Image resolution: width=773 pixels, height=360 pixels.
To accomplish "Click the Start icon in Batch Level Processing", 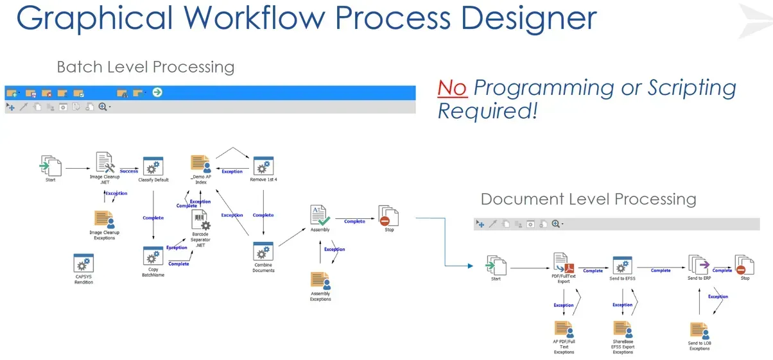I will [50, 166].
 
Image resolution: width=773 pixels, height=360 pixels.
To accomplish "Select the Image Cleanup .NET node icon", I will [105, 163].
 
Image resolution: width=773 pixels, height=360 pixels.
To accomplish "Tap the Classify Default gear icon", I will [153, 167].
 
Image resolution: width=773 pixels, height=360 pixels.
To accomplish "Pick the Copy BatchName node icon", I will [153, 257].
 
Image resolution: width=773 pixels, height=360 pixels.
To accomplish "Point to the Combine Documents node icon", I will [263, 252].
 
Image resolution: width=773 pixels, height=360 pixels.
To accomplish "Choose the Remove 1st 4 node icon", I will [263, 166].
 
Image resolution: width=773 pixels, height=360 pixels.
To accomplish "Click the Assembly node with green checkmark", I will [320, 216].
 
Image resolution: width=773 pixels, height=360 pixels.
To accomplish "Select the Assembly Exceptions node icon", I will [320, 280].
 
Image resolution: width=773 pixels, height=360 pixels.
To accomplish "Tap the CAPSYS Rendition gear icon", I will [83, 264].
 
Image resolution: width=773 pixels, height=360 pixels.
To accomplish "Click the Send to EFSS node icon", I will [622, 266].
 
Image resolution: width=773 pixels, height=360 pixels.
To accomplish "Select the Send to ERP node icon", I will [699, 264].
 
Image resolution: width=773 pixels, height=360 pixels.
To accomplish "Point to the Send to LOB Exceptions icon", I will [699, 330].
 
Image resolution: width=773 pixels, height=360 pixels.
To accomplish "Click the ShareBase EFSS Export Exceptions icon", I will [623, 330].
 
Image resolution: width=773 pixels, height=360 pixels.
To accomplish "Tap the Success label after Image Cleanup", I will [129, 171].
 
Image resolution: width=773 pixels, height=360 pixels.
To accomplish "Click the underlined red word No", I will [452, 88].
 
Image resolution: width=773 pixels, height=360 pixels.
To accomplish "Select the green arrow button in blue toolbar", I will [157, 92].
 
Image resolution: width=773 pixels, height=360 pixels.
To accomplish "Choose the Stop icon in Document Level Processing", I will [744, 265].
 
